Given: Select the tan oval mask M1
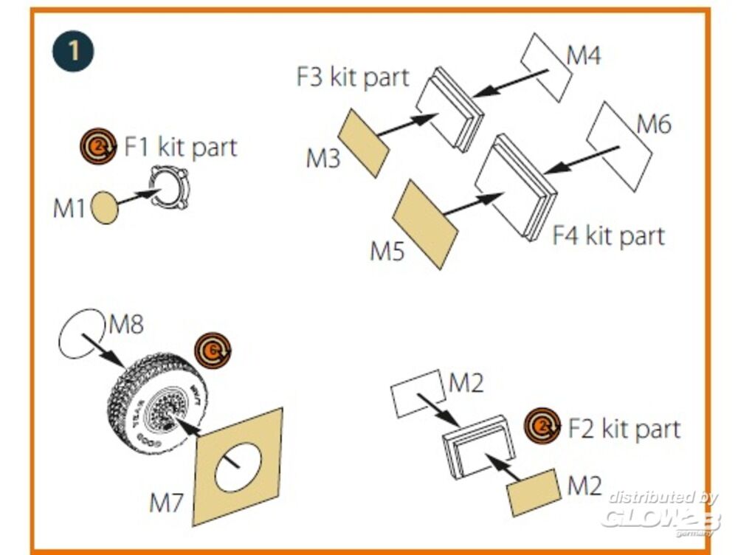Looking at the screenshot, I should [104, 208].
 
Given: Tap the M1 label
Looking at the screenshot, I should [69, 209].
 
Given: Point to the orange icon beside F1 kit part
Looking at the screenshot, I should [94, 145].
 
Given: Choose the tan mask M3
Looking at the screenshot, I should [364, 142].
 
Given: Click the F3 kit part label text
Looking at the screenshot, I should [353, 77].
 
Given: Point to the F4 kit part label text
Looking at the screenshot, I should [608, 235].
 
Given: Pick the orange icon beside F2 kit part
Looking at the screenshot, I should [542, 426].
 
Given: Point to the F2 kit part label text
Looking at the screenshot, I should [624, 428].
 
